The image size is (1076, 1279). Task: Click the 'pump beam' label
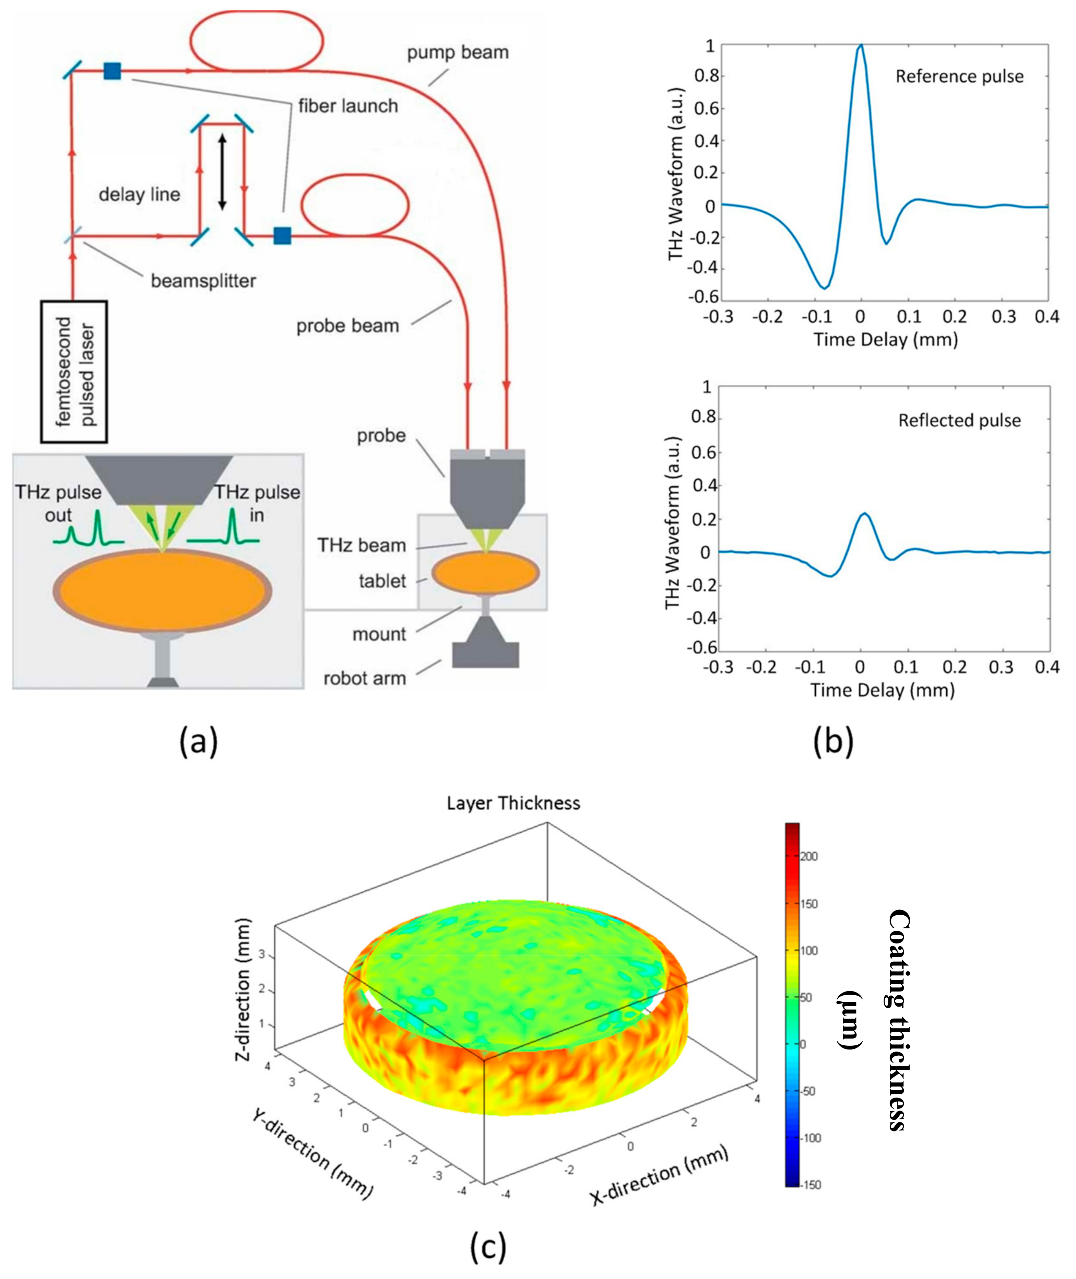[458, 52]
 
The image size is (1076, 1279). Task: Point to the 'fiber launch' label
[348, 106]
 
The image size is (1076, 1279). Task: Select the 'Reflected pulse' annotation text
[959, 420]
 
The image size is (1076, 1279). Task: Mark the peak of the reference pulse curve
[860, 45]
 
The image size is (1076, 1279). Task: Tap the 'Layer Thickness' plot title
[513, 803]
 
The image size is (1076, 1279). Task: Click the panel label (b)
[833, 741]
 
